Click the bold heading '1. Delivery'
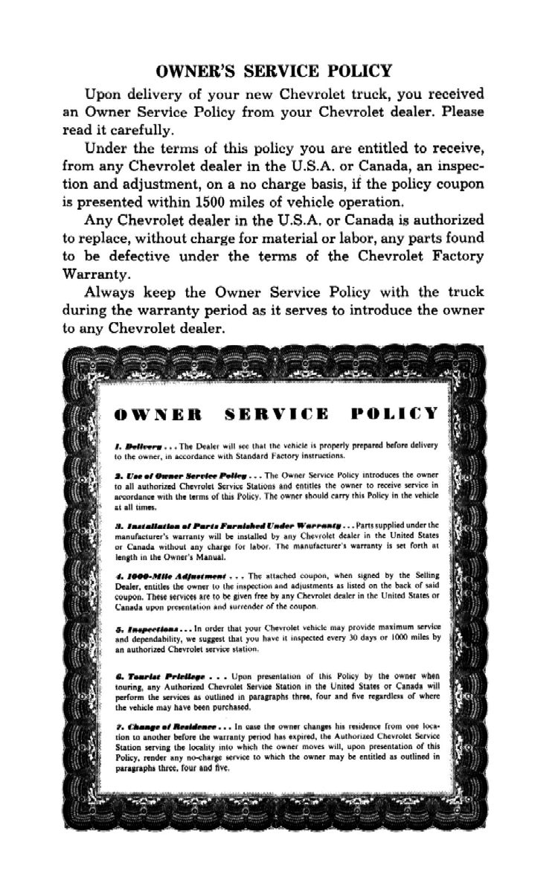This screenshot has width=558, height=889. pyautogui.click(x=134, y=443)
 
